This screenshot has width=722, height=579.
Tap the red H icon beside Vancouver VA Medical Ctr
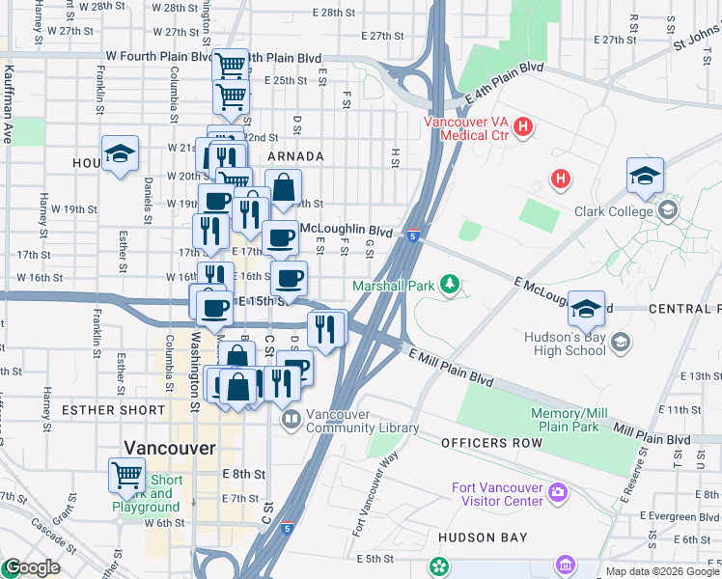pos(522,126)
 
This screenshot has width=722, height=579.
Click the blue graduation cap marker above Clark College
pos(645,176)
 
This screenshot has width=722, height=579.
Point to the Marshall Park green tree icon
pos(448,284)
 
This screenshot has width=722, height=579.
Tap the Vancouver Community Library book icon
pos(291,420)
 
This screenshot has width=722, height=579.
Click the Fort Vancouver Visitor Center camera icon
pos(557,493)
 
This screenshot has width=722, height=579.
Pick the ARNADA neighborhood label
pos(295,156)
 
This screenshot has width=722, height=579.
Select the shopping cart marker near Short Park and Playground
pos(126,475)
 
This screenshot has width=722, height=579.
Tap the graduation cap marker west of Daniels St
pos(120,153)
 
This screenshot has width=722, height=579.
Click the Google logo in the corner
pos(32,567)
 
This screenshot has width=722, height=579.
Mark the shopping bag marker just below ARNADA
pos(283,188)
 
